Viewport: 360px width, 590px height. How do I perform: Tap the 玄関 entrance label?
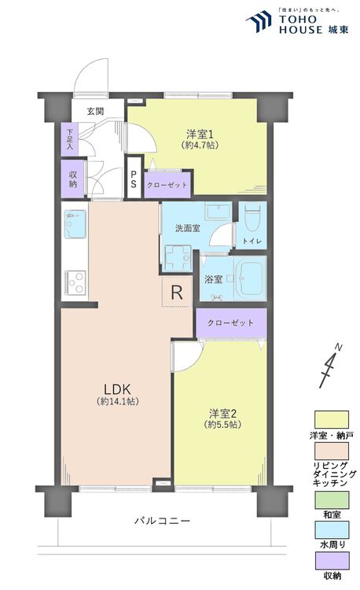[96, 111]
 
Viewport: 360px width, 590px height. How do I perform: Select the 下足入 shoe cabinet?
[70, 138]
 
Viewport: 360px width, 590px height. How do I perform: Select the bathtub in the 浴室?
[246, 278]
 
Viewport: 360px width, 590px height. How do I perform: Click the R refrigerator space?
[177, 292]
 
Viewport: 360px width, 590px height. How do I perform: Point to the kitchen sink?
[75, 224]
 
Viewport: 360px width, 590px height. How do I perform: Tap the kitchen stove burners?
[75, 281]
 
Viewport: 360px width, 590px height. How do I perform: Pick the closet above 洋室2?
[231, 323]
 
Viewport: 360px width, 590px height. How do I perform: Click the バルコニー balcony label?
[162, 521]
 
